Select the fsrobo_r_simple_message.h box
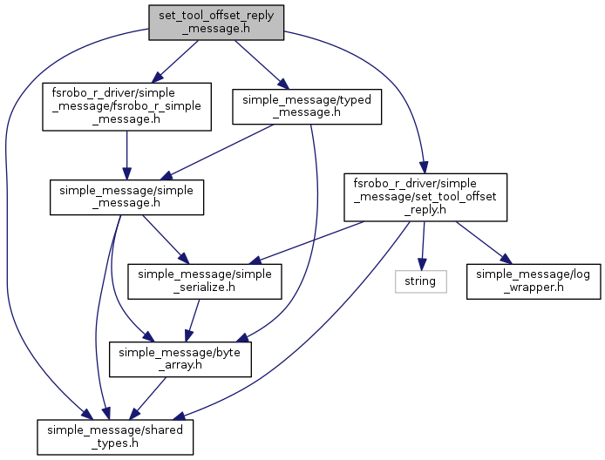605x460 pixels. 127,106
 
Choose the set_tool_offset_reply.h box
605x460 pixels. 424,196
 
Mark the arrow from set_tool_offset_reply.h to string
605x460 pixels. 423,244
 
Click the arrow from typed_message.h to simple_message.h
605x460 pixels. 218,152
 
